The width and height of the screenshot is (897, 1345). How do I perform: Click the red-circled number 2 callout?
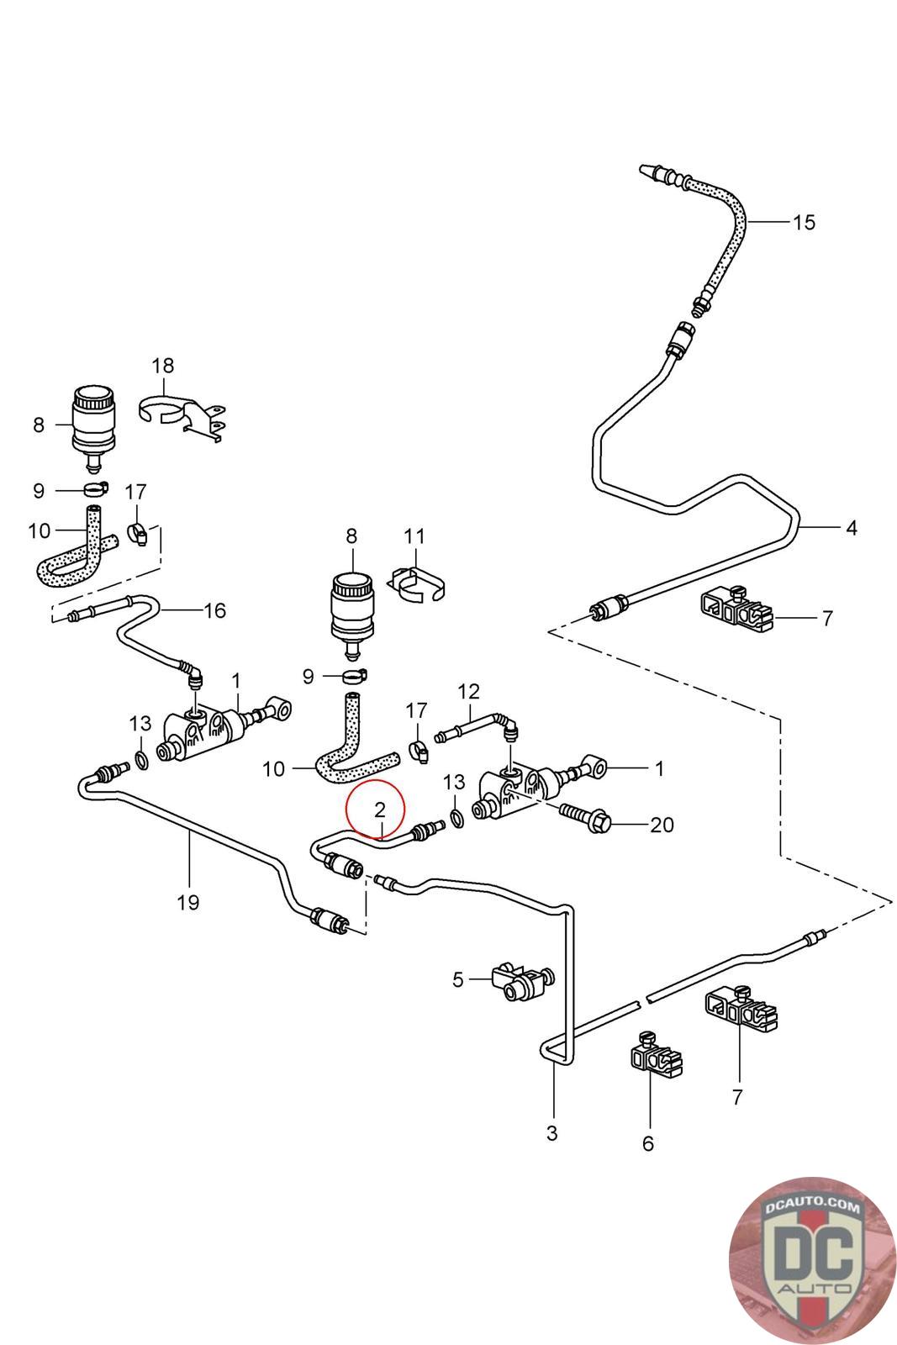pyautogui.click(x=379, y=810)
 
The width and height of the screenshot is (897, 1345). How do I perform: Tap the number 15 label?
pyautogui.click(x=804, y=223)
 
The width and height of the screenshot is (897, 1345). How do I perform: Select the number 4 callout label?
pyautogui.click(x=852, y=529)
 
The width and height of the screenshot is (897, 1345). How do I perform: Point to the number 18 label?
pyautogui.click(x=163, y=365)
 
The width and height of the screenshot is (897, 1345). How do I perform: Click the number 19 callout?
pyautogui.click(x=188, y=902)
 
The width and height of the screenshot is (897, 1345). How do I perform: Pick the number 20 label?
pyautogui.click(x=662, y=825)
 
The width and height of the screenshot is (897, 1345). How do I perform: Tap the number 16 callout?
pyautogui.click(x=214, y=610)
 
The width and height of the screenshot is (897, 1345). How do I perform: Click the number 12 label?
pyautogui.click(x=468, y=691)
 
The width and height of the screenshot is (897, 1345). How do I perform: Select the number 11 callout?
pyautogui.click(x=414, y=536)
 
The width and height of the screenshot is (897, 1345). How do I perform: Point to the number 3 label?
pyautogui.click(x=551, y=1133)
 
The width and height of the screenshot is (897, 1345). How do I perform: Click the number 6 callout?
pyautogui.click(x=648, y=1144)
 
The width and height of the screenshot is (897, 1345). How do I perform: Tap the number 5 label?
pyautogui.click(x=457, y=980)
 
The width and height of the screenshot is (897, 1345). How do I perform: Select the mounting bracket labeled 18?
pyautogui.click(x=182, y=416)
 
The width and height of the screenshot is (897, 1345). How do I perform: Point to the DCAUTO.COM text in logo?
pyautogui.click(x=812, y=1205)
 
